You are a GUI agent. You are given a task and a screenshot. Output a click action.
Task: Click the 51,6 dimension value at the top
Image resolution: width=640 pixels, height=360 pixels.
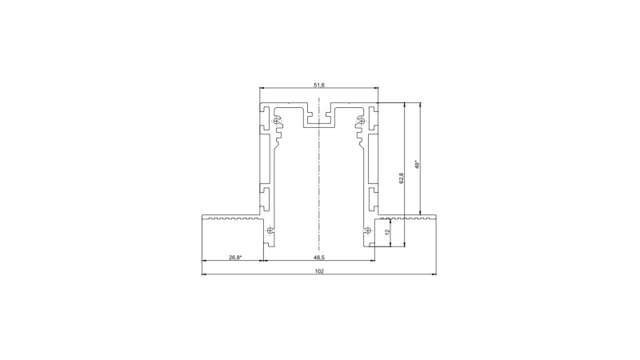point(319,84)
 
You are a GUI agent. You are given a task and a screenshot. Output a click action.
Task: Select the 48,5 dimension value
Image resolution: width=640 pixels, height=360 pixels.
point(319,258)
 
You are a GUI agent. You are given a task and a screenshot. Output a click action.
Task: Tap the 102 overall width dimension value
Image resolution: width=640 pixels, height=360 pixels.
point(319,271)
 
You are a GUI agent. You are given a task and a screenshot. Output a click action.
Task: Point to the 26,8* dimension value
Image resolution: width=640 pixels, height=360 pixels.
point(234,258)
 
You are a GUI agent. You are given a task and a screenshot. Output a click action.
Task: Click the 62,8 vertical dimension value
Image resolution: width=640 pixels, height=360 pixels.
point(402,178)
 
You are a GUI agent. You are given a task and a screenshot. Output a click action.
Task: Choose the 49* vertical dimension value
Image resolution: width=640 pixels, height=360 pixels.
point(417,164)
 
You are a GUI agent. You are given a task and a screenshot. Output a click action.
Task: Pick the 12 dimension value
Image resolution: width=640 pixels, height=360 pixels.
point(387,231)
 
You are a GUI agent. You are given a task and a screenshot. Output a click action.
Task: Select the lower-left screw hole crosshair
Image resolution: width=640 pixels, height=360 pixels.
point(270,231)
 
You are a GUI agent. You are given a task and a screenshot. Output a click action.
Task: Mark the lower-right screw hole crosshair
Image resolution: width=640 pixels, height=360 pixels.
point(368,231)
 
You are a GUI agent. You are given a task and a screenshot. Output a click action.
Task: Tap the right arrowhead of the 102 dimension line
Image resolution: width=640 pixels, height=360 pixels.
point(434,275)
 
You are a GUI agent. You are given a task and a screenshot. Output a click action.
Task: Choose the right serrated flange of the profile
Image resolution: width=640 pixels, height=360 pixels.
point(406,217)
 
